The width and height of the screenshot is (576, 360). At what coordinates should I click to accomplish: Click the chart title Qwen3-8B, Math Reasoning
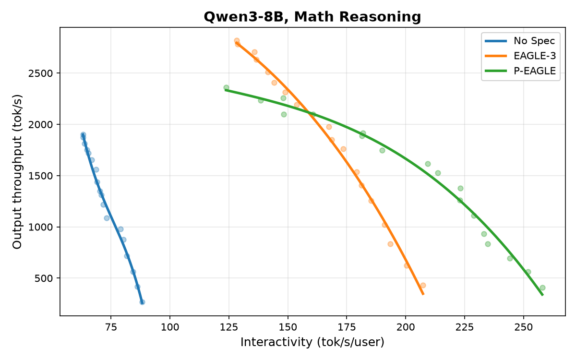tap(312, 17)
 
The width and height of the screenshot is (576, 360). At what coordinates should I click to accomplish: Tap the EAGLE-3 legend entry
tap(520, 56)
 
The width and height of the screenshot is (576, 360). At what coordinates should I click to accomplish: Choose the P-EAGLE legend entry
tap(520, 71)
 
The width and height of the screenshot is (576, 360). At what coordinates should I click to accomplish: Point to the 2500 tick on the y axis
tap(40, 73)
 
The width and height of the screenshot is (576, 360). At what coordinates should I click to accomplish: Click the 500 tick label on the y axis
tap(44, 278)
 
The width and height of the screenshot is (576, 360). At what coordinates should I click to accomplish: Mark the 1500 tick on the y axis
tap(40, 176)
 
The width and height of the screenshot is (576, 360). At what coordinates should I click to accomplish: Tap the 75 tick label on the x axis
tap(111, 327)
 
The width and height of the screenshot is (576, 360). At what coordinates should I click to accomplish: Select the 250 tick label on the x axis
tap(524, 327)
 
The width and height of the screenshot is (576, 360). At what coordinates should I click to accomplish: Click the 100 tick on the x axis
tap(170, 327)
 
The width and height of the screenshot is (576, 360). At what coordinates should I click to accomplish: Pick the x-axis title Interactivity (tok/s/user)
tap(312, 343)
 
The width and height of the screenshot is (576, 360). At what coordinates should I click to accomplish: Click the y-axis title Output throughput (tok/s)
tap(17, 172)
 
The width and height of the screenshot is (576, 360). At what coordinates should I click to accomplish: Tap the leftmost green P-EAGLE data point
tap(226, 88)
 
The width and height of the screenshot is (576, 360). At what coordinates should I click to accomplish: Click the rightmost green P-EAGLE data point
tap(542, 288)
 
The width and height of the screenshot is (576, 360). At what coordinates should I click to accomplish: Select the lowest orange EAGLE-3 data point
tap(423, 285)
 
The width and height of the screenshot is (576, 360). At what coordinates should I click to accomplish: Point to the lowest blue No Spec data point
tap(142, 302)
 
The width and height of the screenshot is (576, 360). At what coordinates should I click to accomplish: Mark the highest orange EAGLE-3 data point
tap(237, 41)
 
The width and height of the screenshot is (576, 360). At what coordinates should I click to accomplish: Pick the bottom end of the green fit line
tap(542, 295)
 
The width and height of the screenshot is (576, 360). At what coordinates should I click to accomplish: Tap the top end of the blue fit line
tap(83, 134)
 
